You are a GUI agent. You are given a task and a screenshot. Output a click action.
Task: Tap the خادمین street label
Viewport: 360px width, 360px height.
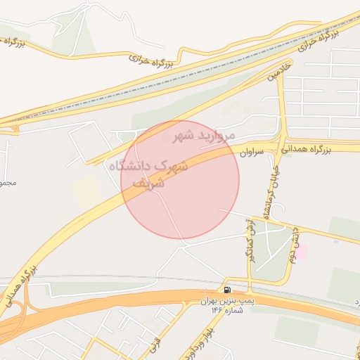[276, 72]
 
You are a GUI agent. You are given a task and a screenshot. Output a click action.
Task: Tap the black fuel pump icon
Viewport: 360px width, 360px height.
[227, 290]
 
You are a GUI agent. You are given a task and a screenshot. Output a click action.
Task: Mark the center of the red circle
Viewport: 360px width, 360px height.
[180, 179]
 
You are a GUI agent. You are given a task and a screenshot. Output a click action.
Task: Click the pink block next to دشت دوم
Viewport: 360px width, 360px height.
[302, 252]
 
